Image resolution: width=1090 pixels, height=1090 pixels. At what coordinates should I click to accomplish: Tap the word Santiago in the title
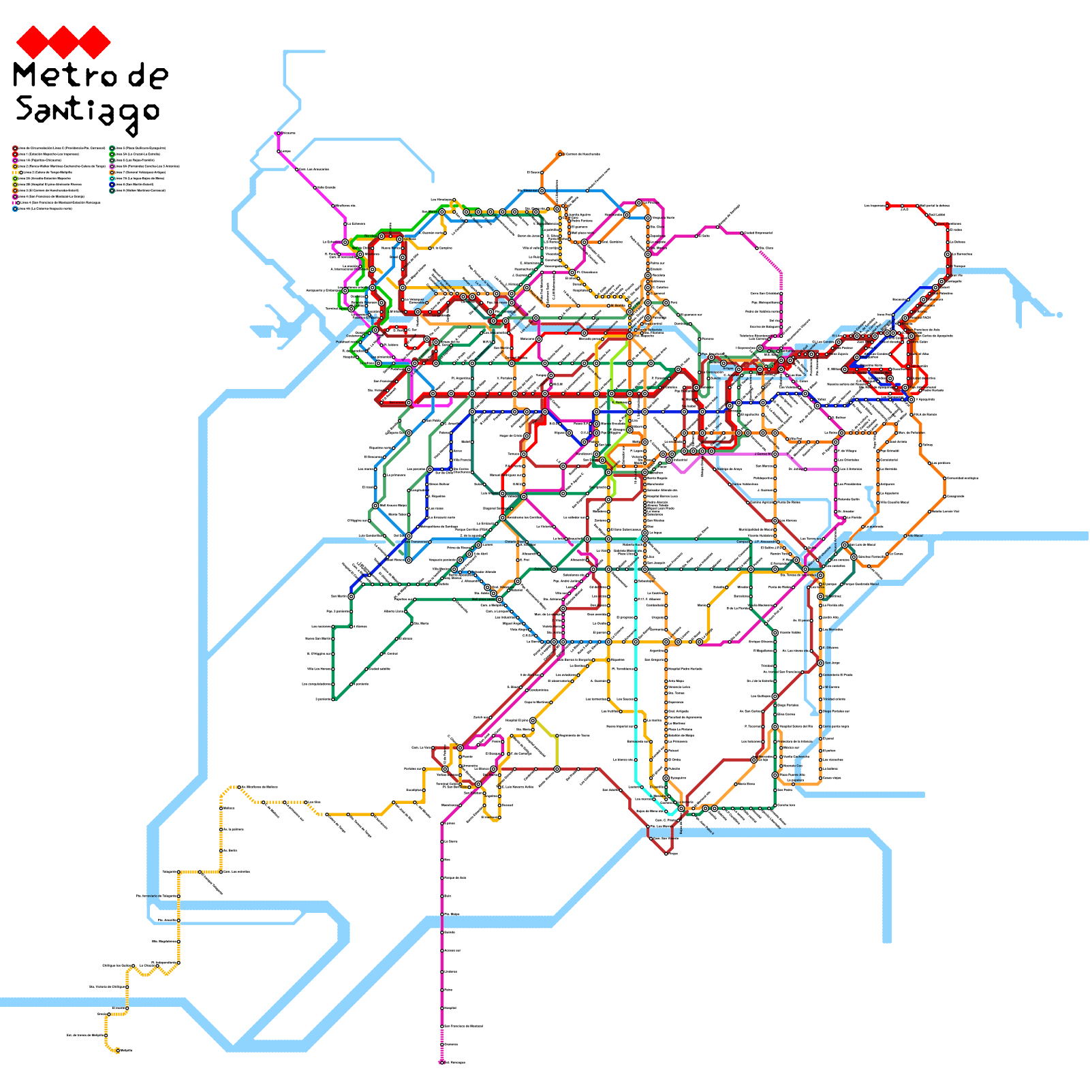click(87, 111)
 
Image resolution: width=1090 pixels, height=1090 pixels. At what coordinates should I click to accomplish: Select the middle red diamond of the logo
click(63, 42)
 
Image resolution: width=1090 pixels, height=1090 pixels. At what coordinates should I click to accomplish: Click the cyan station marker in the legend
click(112, 178)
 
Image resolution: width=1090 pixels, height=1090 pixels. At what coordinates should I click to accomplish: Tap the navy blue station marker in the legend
click(112, 185)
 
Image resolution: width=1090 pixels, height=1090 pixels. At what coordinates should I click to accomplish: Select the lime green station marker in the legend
click(15, 178)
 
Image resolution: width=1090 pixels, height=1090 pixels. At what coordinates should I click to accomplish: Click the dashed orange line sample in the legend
click(16, 172)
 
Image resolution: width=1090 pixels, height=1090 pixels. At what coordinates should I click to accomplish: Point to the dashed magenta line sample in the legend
click(14, 202)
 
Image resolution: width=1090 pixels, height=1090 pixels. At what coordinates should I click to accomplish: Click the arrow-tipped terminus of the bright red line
click(888, 205)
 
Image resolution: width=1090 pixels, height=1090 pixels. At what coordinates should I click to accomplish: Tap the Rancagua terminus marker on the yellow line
click(118, 1050)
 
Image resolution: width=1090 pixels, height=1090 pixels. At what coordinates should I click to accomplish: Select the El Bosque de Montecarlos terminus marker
click(560, 155)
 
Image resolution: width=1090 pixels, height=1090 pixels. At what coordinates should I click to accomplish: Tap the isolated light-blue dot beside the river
click(1059, 314)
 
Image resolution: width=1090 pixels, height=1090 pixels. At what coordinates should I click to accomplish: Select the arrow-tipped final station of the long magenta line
click(441, 1061)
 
